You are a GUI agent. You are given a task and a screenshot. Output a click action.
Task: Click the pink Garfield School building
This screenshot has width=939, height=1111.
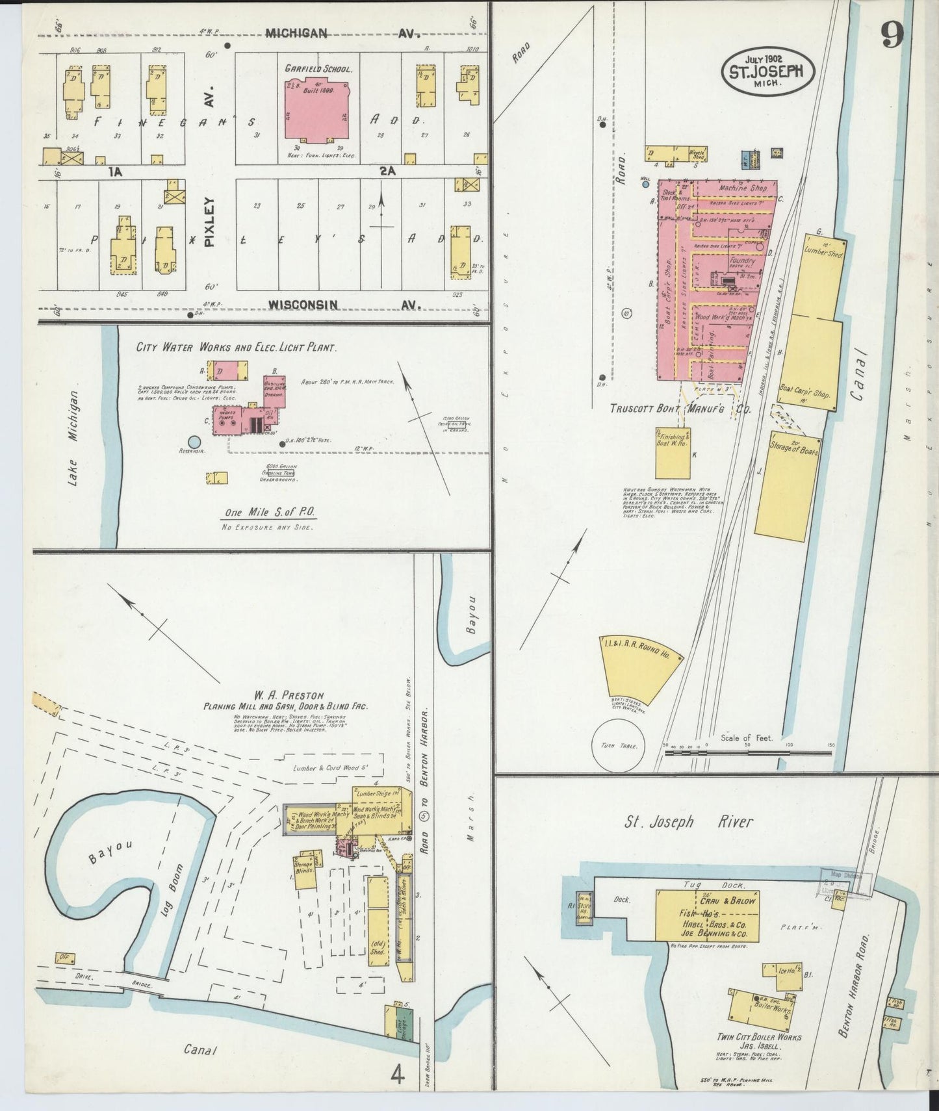tap(318, 109)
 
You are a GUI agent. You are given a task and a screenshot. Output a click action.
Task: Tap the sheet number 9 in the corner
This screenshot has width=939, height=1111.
tap(892, 36)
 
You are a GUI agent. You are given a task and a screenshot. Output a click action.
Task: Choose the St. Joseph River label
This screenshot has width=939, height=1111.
tap(688, 823)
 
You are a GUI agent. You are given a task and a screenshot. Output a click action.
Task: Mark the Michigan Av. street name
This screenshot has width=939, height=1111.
tap(296, 33)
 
